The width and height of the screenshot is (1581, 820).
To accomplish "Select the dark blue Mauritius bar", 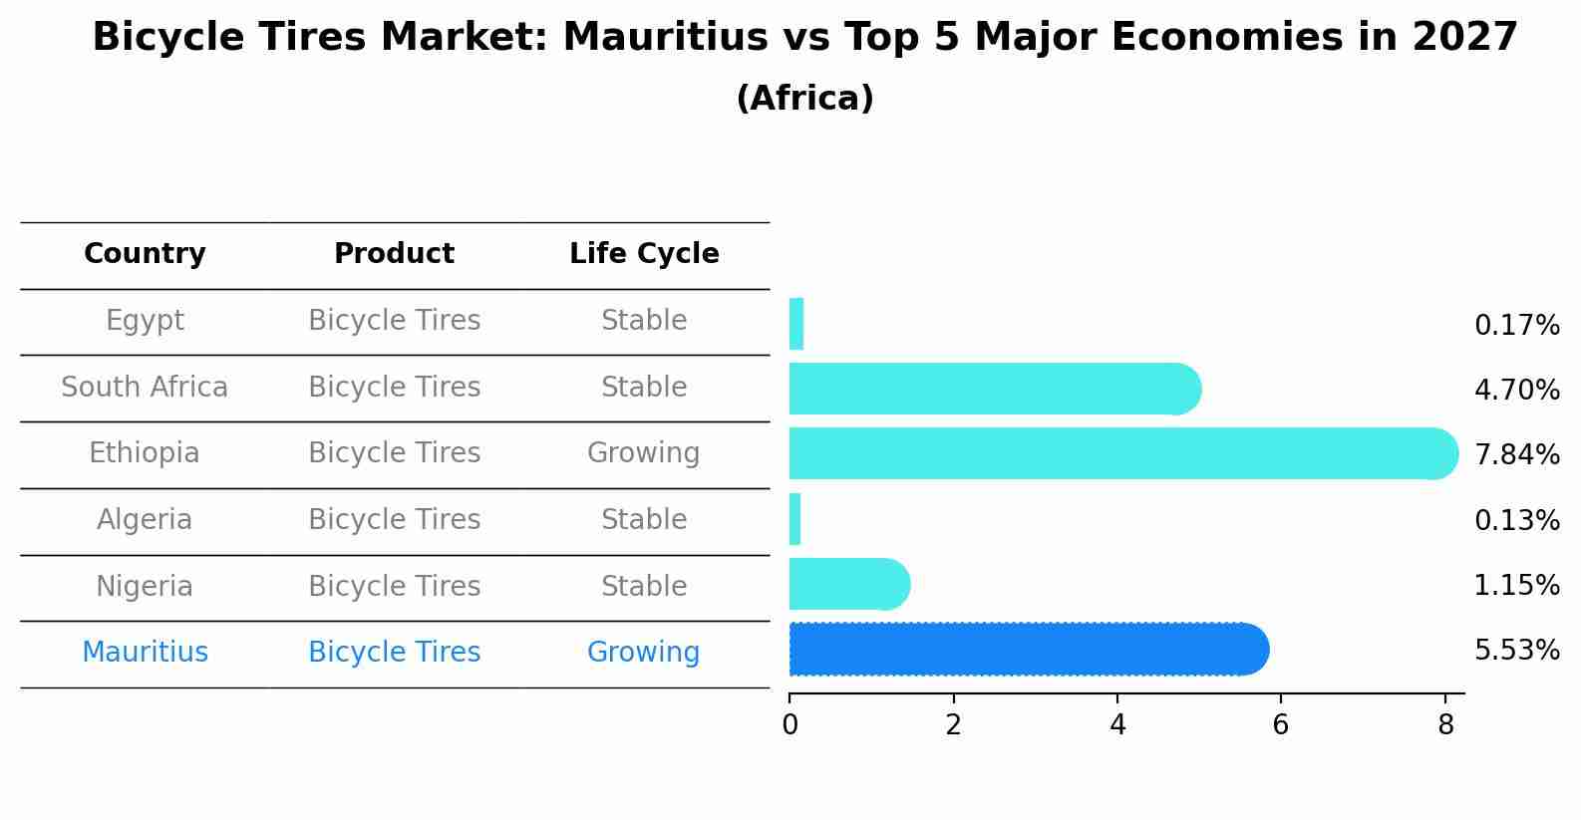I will pos(1027,650).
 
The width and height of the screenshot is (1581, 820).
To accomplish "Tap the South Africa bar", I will pos(992,389).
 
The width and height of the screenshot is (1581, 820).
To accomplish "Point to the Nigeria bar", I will pos(847,584).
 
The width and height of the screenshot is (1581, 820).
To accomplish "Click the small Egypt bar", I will pos(796,324).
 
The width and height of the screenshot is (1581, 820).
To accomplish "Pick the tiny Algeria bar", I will pos(795,519).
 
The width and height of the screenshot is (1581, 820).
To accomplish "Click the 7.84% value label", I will pos(1516,455).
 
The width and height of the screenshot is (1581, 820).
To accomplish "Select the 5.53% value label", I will pos(1516,651).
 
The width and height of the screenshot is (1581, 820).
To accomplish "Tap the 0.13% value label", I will pos(1516,520).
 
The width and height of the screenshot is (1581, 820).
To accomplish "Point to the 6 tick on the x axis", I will pos(1281,725).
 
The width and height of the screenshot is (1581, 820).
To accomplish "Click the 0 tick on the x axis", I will pos(790,725).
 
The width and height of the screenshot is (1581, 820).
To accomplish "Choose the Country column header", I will pos(145,254).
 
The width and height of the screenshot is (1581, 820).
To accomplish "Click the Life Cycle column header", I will pos(644,254).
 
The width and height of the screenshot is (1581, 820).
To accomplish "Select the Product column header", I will pos(394,254).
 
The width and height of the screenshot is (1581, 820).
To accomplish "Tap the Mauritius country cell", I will pos(145,653).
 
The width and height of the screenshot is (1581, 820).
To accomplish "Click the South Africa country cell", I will pos(145,388).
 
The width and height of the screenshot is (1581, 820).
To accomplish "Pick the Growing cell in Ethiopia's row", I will pos(644,453).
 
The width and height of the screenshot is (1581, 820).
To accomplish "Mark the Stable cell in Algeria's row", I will pos(644,520).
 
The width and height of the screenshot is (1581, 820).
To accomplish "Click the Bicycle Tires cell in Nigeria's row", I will pos(394,587).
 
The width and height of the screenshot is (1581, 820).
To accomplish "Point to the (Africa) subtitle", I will pos(804,99).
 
